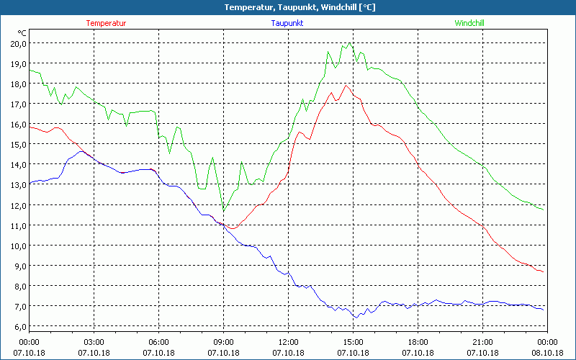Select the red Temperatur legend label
coord(106,23)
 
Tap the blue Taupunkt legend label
coord(287,23)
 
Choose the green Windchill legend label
coord(469,23)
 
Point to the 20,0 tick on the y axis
coord(18,43)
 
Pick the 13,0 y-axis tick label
coord(18,185)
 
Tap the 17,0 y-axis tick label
coord(18,104)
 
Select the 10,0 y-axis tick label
coord(18,246)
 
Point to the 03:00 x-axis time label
coord(94,342)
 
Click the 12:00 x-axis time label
coord(288,342)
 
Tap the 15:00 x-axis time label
coord(353,342)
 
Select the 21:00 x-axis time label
coord(482,342)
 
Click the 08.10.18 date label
coord(547,353)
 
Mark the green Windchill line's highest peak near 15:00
coord(349,42)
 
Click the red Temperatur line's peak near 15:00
coord(346,85)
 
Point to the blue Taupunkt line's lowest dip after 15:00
coord(355,318)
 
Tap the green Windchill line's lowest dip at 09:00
coord(224,211)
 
